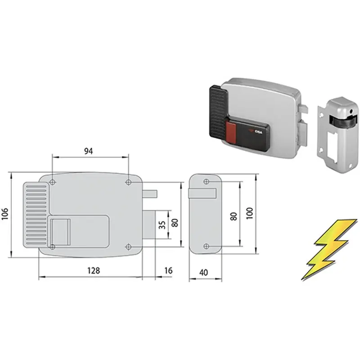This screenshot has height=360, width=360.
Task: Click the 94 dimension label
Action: [89, 151]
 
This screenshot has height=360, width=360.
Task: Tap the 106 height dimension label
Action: [5, 214]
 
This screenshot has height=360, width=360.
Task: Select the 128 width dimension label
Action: [94, 271]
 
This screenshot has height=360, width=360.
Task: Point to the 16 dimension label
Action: [168, 271]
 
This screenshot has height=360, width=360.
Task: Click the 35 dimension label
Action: [162, 225]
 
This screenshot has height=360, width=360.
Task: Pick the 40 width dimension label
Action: [204, 273]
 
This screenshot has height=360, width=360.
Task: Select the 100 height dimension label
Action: [250, 213]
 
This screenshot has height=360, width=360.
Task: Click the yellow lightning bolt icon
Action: [329, 250]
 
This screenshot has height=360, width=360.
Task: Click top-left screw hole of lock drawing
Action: [52, 182]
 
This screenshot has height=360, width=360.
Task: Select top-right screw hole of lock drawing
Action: [129, 182]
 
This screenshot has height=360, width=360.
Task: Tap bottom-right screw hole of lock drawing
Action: [129, 247]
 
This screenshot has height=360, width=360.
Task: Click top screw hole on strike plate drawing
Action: [206, 182]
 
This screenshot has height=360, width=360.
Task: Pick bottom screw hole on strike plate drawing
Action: [206, 246]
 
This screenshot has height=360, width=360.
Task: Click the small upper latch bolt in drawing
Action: [150, 194]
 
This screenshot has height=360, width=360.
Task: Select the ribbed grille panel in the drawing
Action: [36, 215]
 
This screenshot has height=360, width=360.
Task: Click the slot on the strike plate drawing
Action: [202, 193]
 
